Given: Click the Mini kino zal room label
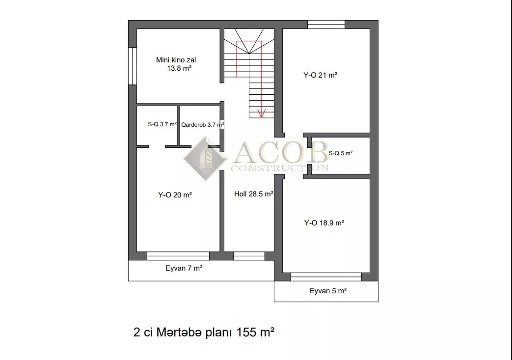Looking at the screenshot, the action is coord(176,64).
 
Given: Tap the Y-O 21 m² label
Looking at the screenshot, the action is coord(320,75).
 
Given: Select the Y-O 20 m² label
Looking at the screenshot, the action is coord(175,195).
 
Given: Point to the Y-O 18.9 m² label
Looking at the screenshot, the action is coord(324,223).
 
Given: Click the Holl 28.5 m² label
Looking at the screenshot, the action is coord(254,194).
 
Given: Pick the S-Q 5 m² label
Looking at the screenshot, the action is coord(341,153).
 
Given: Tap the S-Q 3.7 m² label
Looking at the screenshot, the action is coord(162,124).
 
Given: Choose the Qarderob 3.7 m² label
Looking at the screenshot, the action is coord(202,125).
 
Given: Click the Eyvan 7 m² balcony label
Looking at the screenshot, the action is coord(184,268).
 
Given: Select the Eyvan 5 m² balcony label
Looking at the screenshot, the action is coord(328,291).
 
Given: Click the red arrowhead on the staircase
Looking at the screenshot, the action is coord(261,113).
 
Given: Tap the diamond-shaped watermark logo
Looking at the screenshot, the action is coord(206,159).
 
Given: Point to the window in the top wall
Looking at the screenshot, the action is coord(326,25).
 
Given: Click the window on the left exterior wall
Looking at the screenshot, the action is coord(132,66).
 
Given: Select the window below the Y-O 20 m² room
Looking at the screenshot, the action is coord(178,256).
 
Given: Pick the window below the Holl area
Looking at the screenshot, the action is coord(249,256).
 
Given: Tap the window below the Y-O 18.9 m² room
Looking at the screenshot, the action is coord(326,277).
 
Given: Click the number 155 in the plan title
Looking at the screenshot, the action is coord(246,332).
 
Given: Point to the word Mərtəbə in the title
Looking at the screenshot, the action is coord(179,332).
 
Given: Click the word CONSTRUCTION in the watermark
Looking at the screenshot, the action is coord(279,168).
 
